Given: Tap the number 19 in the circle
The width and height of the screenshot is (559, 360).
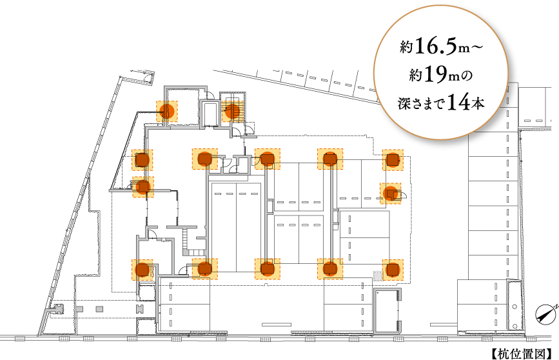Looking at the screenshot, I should coord(436,75).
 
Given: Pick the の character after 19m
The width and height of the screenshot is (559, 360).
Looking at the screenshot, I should coord(468,76).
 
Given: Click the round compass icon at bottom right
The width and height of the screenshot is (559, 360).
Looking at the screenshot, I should coord(545,314).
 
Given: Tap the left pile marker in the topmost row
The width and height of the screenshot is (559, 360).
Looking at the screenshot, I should coord(167,111).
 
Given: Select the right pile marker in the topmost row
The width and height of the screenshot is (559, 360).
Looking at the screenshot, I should coord(232,111).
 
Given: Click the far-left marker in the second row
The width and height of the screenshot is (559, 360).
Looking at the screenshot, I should coord(142,160).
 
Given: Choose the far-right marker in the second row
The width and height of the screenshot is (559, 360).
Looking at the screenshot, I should coord(393,160).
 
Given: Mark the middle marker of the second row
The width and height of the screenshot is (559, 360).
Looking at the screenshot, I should coord(268,159).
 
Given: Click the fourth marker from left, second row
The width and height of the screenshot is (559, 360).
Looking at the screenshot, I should coord(330,159).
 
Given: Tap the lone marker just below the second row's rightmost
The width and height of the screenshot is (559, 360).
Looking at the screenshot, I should coord(391,194).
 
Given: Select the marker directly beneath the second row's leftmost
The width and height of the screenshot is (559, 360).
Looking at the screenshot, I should coord(143,187).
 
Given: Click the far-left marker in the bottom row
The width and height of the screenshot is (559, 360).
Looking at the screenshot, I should coord(142,270).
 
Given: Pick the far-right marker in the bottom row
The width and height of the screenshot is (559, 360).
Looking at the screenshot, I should coord(393,270).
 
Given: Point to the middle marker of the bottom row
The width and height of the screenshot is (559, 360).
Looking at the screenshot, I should coord(268,269).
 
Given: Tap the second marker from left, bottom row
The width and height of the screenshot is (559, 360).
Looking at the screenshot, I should coord(205,269).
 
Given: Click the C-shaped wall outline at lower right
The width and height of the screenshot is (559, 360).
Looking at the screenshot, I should coord(387,312).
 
